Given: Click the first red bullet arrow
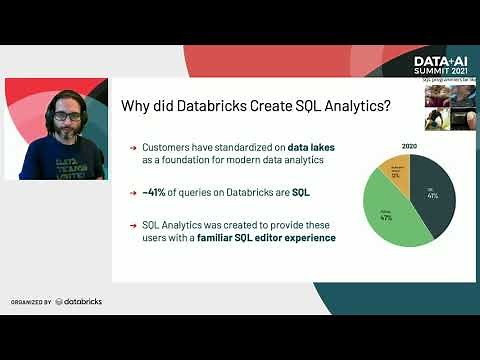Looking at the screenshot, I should coord(133,147).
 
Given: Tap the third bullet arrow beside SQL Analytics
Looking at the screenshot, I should coord(133,226).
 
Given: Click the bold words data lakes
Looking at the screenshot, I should coord(311,147).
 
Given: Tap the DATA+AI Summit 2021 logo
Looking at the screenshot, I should coord(441,68).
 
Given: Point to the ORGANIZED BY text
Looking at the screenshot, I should coord(31,301).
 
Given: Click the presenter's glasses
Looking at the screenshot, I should coord(66,116).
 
